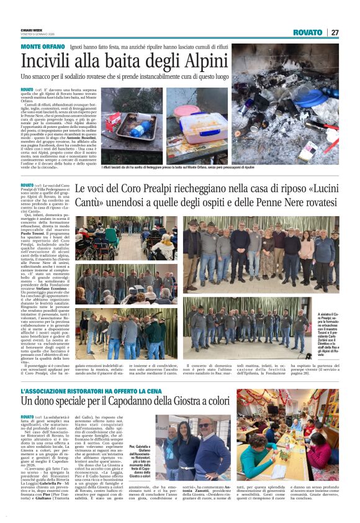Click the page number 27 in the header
pos(335,32)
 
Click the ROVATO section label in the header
pos(308,32)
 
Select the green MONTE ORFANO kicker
pos(43,47)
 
